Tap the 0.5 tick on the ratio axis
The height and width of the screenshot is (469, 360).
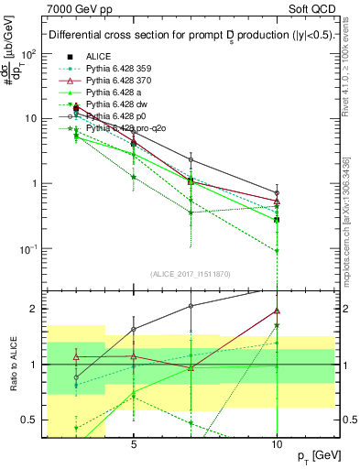click(32, 420)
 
